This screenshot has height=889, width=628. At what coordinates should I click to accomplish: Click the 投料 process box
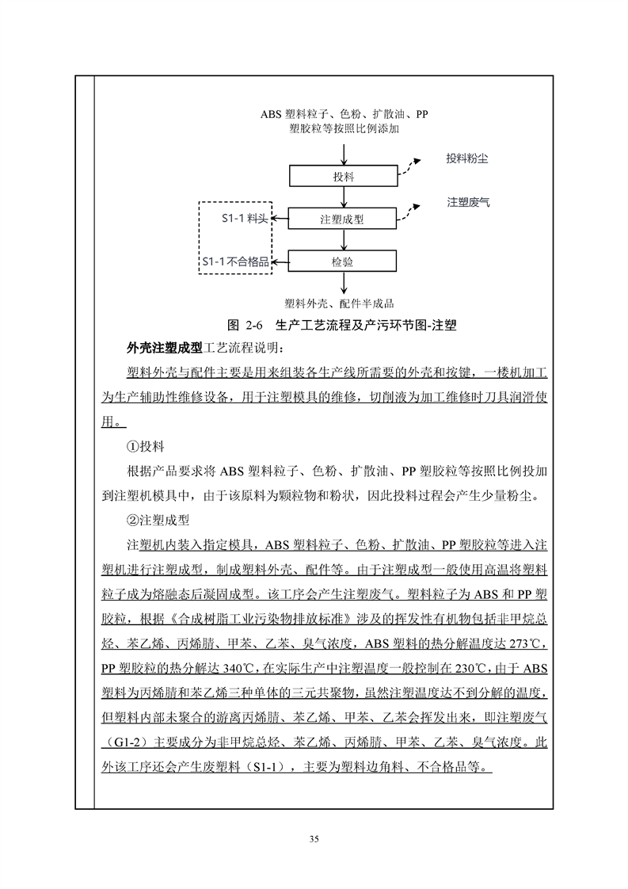click(x=342, y=176)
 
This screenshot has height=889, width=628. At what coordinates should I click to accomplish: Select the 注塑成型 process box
click(x=342, y=218)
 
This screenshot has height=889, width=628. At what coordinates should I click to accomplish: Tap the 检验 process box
click(x=342, y=260)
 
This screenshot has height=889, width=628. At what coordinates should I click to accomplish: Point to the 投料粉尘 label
click(x=467, y=159)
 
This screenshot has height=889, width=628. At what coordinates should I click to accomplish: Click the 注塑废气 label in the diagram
click(x=468, y=203)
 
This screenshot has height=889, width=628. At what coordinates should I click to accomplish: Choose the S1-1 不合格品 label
click(x=235, y=260)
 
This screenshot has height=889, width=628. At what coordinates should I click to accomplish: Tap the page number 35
click(x=314, y=838)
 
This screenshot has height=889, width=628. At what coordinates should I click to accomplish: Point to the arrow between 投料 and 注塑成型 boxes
click(x=343, y=197)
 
